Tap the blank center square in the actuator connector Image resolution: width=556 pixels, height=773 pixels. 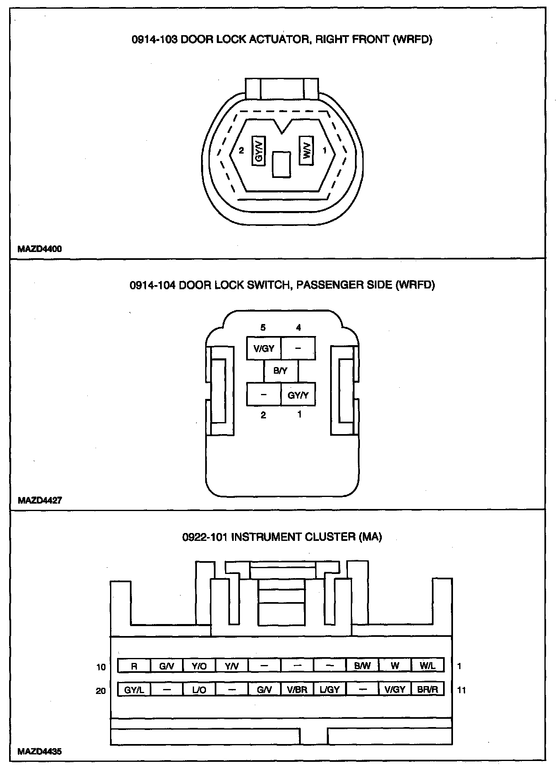point(282,165)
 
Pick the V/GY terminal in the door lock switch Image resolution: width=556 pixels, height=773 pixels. point(264,348)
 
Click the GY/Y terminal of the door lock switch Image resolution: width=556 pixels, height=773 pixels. point(298,395)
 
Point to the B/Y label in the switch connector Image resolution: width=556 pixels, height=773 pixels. point(280,371)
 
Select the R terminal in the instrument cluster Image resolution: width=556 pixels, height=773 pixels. point(134,666)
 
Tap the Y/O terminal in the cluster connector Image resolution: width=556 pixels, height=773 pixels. point(199,666)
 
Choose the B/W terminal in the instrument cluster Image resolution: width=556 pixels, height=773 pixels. point(362,666)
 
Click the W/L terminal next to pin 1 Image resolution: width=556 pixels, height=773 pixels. point(428,666)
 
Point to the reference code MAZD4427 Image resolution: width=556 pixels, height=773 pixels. point(40,500)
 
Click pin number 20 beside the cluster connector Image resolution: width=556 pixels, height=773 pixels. point(101,691)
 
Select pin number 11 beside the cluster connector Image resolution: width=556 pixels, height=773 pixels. point(462,690)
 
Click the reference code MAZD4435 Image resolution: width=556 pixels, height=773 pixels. point(40,751)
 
